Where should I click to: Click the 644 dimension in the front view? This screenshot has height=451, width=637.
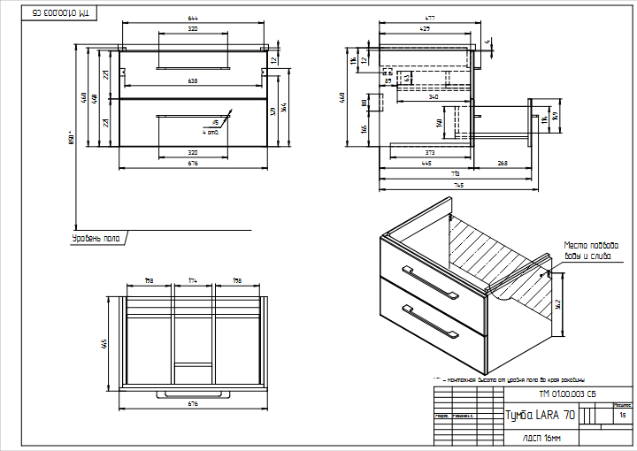point(193,19)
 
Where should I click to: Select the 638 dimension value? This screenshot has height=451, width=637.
point(193,81)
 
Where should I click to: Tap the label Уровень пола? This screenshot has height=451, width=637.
point(96,238)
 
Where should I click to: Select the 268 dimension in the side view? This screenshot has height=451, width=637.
point(503,163)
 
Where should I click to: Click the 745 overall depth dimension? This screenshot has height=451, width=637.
point(458,186)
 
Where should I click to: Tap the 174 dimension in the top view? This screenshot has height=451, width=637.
point(193,281)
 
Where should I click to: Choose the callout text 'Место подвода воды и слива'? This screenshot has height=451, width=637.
point(590,250)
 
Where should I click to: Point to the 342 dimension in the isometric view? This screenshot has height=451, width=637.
point(559,305)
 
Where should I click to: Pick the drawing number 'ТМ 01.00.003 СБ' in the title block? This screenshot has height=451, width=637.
point(567,394)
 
